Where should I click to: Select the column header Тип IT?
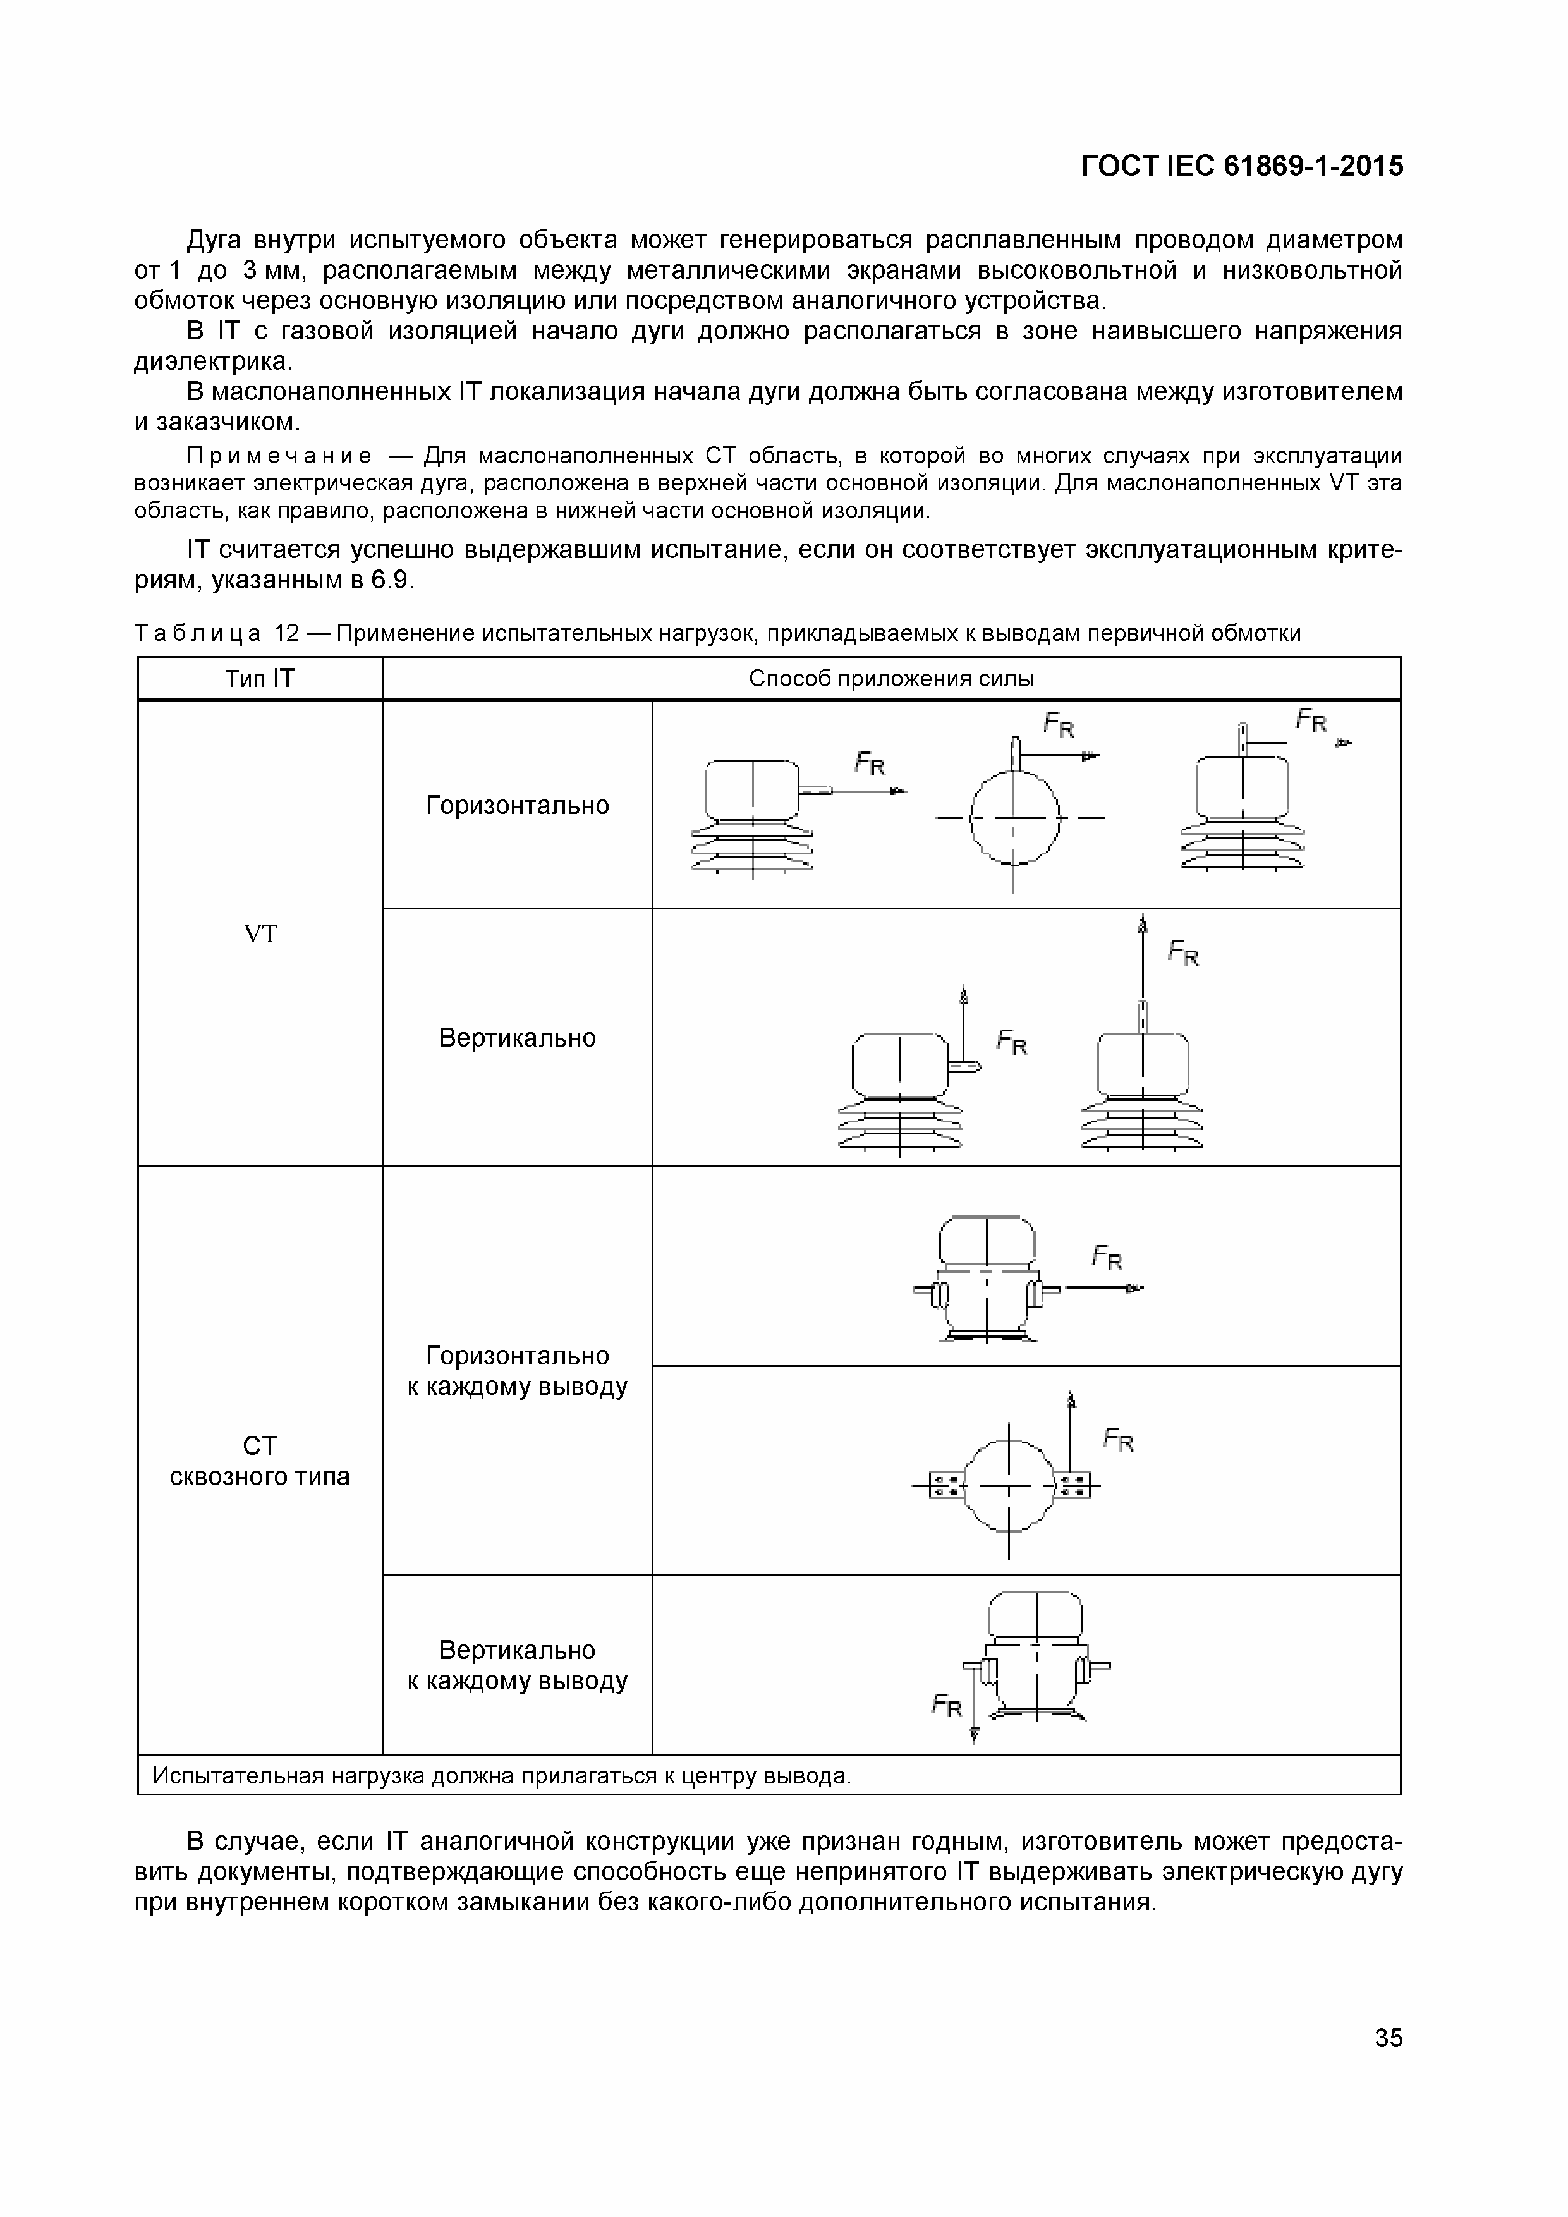pos(260,679)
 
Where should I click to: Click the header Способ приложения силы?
pos(890,679)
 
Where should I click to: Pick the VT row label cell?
pos(260,933)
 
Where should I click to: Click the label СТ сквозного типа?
pos(260,1461)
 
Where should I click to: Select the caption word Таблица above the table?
pos(198,633)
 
